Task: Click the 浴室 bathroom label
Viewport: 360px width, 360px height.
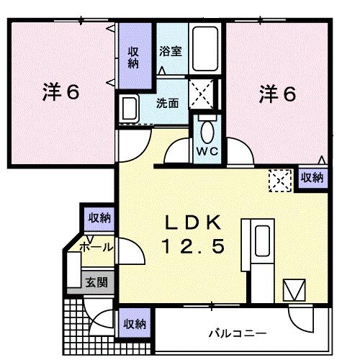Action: [x=171, y=52]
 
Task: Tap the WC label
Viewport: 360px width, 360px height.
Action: [x=209, y=153]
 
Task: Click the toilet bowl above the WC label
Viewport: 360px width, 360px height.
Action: [x=209, y=132]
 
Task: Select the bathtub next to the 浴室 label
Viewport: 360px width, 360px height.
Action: [x=207, y=48]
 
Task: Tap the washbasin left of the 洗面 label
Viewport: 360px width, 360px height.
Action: [x=130, y=109]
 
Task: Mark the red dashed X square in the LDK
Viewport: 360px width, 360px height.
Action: [x=279, y=179]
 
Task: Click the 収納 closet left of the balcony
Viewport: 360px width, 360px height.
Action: [x=135, y=323]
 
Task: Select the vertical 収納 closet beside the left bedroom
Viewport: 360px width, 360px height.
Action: [x=135, y=57]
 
